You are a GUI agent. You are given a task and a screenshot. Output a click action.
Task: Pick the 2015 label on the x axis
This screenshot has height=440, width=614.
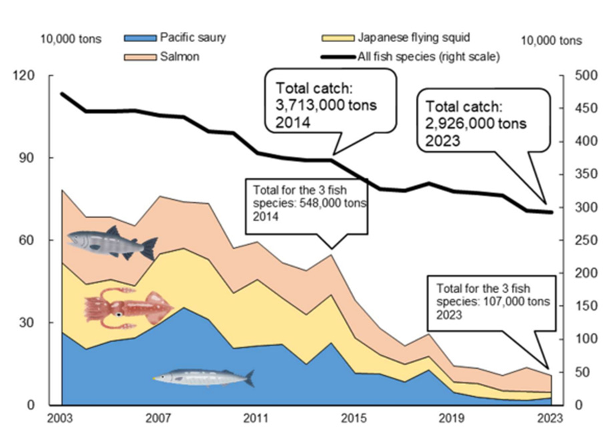point(353,419)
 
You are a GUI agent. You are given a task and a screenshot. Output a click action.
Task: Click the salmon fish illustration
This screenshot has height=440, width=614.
point(112,243)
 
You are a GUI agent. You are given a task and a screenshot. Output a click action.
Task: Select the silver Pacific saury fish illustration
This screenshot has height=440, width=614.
point(204,378)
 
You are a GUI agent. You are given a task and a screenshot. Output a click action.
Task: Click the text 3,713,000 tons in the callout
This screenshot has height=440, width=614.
point(326,105)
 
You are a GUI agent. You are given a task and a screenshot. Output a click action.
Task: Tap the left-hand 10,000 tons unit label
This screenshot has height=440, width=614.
point(71,39)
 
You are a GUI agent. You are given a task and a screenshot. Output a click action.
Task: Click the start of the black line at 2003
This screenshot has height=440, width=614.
point(62,94)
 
